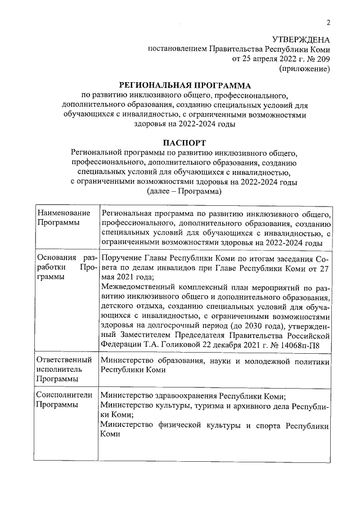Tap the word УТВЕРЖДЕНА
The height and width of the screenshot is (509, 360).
click(300, 39)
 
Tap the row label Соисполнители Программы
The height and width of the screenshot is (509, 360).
click(63, 400)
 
